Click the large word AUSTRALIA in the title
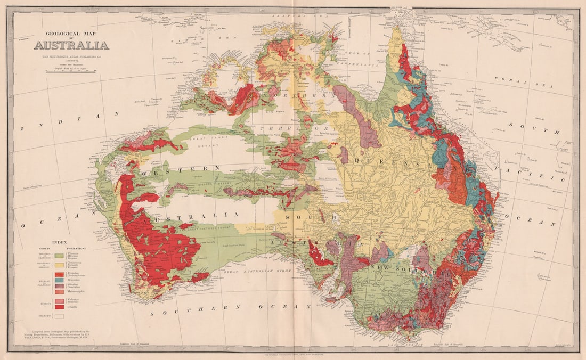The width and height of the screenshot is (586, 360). point(71,45)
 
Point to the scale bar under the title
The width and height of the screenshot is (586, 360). point(71,71)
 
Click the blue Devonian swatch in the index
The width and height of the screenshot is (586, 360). point(59,280)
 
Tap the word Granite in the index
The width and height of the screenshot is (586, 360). point(75,307)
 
